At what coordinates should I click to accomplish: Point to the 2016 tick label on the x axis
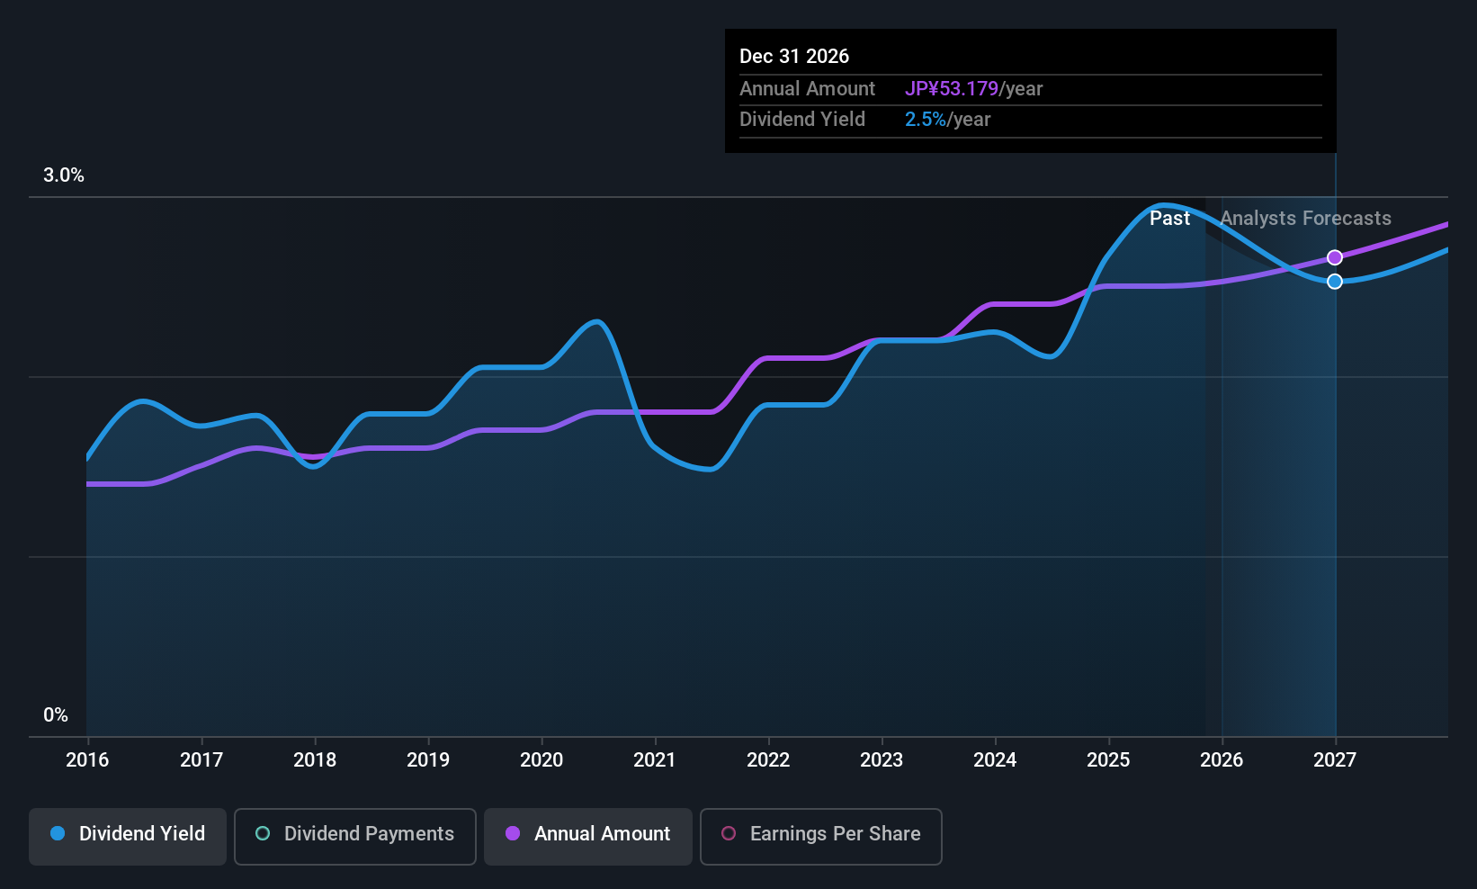[87, 760]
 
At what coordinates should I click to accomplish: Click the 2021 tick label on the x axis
[654, 760]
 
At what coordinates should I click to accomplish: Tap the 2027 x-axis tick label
[1334, 760]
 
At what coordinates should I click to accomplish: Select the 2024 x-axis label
[994, 760]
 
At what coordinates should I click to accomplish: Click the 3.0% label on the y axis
[63, 175]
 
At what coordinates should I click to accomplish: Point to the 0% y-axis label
[55, 715]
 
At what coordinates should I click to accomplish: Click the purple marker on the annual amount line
[1335, 257]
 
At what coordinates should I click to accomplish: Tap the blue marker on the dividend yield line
[1335, 282]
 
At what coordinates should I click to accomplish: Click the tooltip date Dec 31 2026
[793, 57]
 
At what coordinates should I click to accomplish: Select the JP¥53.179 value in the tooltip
[951, 89]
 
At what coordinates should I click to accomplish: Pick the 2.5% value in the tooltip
[925, 120]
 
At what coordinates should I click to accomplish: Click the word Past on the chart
[1169, 219]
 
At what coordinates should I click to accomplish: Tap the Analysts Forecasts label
[1305, 219]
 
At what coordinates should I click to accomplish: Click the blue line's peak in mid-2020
[595, 321]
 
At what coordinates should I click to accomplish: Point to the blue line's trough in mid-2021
[710, 469]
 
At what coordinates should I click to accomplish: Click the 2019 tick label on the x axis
[427, 760]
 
